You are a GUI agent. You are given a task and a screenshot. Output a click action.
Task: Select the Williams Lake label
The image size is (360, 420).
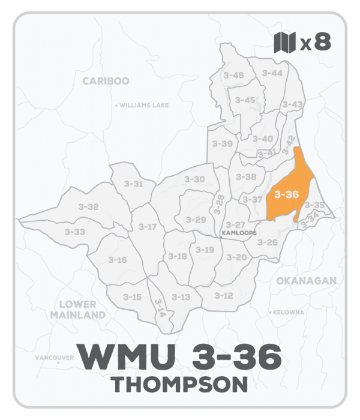[x=144, y=105]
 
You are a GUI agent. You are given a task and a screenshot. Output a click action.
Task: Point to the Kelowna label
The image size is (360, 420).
[x=290, y=313]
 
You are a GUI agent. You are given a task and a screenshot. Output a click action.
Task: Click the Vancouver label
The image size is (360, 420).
[x=54, y=358]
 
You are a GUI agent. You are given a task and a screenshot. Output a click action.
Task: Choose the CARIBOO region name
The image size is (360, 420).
[x=106, y=81]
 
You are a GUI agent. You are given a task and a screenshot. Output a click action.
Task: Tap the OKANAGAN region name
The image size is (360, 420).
[x=306, y=281]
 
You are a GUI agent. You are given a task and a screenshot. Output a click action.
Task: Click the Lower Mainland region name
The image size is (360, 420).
[x=78, y=310]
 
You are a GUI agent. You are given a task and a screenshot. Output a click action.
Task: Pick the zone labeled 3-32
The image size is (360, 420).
[x=88, y=206]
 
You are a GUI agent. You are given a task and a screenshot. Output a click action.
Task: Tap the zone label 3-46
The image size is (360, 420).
[x=233, y=75]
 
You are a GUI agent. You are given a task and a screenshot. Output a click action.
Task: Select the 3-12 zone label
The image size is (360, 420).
[x=223, y=295]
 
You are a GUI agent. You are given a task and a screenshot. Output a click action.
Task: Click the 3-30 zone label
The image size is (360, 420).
[x=194, y=179]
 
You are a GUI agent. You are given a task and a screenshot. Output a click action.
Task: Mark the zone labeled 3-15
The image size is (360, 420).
[x=132, y=297]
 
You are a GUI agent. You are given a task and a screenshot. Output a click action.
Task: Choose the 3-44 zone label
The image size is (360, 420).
[x=272, y=73]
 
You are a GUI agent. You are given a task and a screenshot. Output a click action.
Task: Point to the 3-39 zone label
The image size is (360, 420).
[x=223, y=144]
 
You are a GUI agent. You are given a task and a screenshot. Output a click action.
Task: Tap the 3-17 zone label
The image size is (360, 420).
[x=147, y=227]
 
